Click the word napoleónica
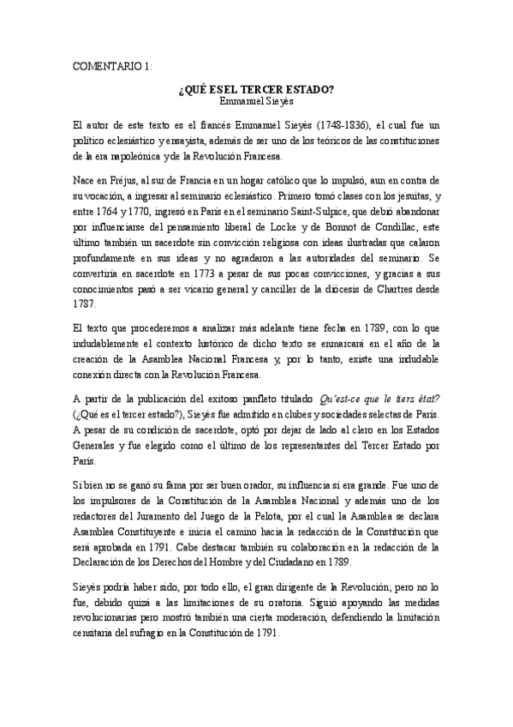pos(116,159)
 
